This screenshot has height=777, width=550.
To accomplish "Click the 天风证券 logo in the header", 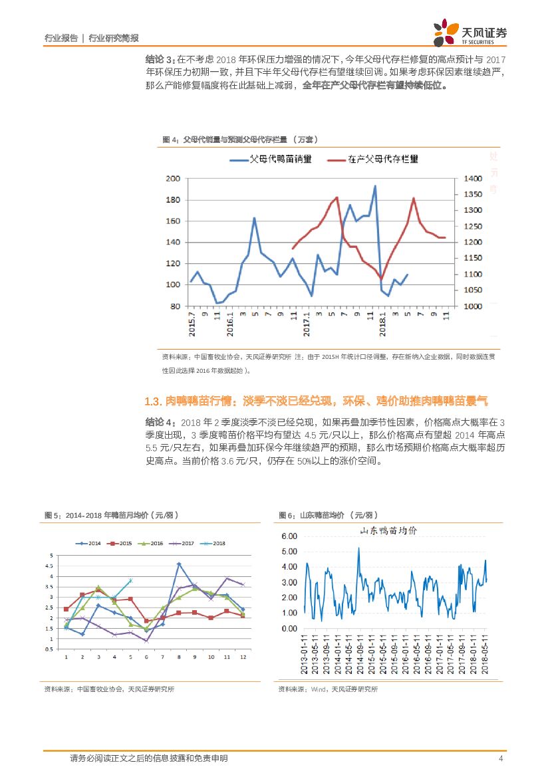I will [x=470, y=33].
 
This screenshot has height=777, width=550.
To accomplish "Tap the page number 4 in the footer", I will [x=499, y=759].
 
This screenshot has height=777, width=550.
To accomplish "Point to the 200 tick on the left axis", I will [x=173, y=179].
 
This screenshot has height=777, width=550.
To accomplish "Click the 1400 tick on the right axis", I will [x=468, y=179].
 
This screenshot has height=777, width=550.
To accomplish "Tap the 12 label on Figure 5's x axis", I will [x=242, y=657].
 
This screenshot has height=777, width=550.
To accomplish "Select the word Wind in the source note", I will [x=318, y=689].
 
